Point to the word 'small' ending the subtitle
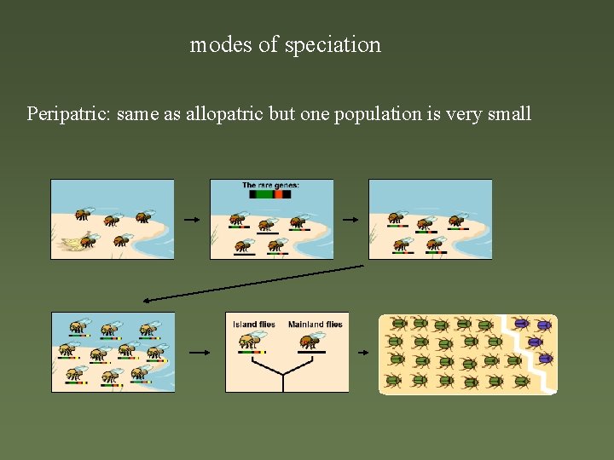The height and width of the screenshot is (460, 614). point(509,113)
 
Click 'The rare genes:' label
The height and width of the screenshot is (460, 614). point(270,185)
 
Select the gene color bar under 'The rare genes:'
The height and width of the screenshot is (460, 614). point(270,194)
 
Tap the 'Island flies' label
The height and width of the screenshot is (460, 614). point(253,324)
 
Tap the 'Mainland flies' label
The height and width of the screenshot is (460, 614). point(315,324)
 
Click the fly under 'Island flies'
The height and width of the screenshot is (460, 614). point(251,341)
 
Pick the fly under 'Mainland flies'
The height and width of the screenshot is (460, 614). point(309,341)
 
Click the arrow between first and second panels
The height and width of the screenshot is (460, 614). point(192,220)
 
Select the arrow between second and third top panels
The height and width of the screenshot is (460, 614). point(350,220)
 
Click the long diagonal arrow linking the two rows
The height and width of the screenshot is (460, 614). point(253,283)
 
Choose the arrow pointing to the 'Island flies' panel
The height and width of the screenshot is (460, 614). point(200,352)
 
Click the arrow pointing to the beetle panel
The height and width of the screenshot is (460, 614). point(363,352)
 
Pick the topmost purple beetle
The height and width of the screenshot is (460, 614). point(521,324)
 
